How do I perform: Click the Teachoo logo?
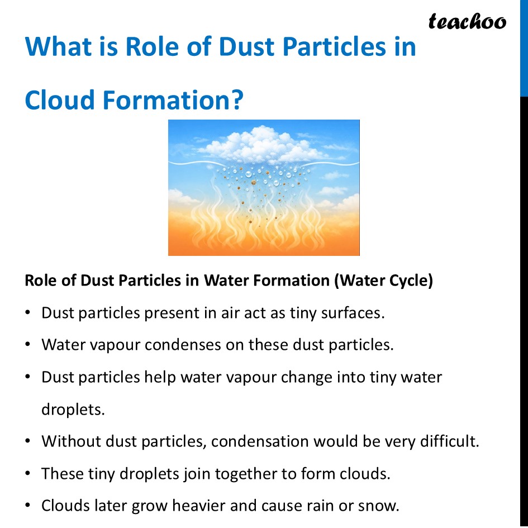(467, 21)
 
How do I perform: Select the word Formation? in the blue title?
(174, 100)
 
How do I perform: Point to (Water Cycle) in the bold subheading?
(383, 280)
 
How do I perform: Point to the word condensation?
(260, 441)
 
